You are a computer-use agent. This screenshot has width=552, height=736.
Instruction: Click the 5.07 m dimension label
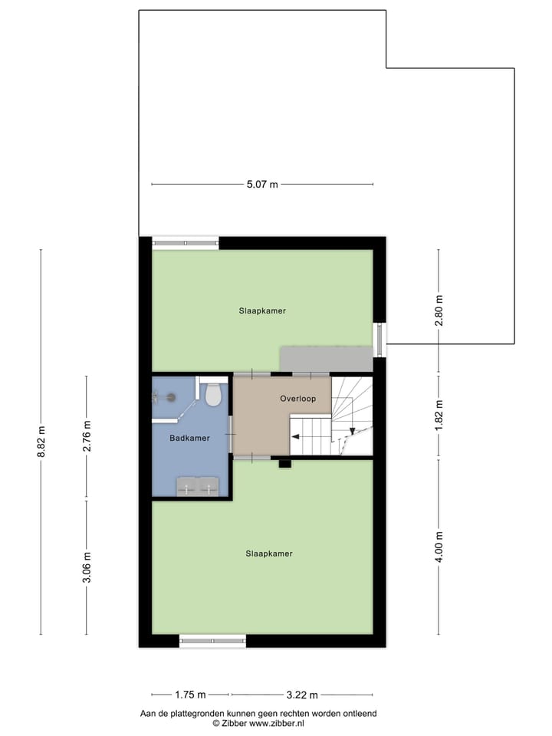[x=262, y=185]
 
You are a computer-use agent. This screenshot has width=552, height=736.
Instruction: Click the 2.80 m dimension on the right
[x=439, y=310]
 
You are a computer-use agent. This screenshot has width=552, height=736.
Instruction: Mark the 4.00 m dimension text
[x=439, y=546]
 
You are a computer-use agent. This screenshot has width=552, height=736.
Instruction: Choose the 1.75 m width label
[x=190, y=695]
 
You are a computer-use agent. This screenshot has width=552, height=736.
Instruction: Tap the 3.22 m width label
[x=302, y=695]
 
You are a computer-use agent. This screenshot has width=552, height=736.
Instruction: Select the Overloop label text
[x=297, y=399]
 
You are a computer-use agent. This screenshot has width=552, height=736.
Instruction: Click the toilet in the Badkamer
[x=213, y=395]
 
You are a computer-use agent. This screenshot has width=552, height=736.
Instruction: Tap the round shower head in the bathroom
[x=171, y=396]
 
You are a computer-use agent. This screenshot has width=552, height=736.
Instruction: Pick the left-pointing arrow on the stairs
[x=295, y=438]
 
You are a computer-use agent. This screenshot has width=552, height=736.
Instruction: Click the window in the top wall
[x=185, y=243]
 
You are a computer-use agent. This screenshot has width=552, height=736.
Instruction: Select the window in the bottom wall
[x=212, y=641]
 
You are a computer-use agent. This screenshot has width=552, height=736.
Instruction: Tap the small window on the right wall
[x=379, y=339]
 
